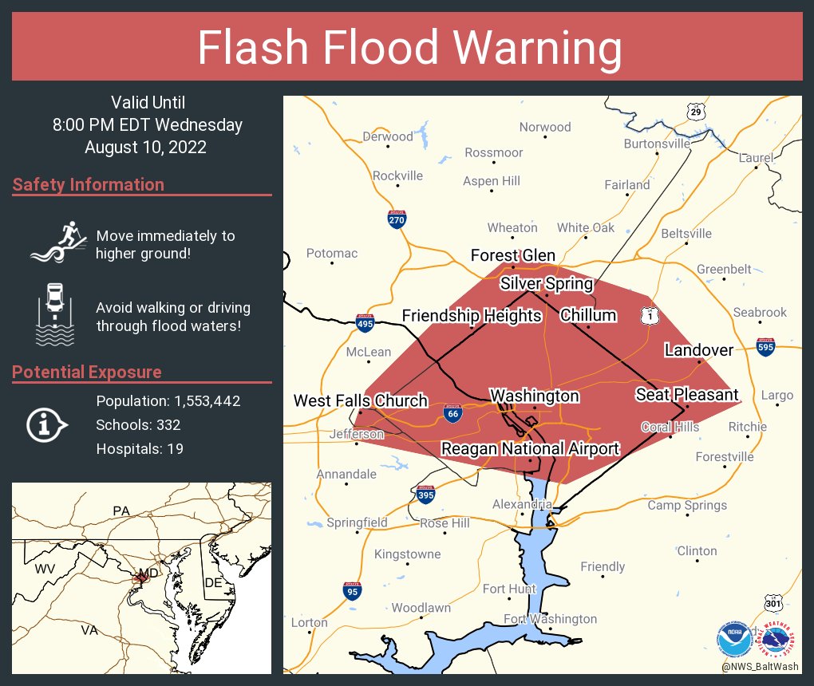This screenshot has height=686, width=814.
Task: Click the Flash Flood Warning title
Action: point(409,48)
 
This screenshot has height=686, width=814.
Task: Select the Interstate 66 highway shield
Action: point(452,413)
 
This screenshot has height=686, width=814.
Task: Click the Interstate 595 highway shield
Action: point(765,347)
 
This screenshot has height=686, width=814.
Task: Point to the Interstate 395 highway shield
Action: point(425,495)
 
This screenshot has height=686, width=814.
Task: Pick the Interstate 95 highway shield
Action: point(352,590)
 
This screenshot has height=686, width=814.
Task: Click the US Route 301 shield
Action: point(773,604)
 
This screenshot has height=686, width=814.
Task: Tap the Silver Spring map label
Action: point(547,284)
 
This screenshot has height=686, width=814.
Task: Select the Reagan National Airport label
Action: point(530,448)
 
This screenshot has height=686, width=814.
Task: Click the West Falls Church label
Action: point(361,400)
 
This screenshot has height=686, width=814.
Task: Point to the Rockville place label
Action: point(397,175)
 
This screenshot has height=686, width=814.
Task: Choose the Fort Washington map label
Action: point(550,619)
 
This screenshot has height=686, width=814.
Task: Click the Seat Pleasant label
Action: point(687,395)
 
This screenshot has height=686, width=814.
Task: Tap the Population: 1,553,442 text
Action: point(168,401)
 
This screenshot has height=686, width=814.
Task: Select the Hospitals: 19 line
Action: point(140,449)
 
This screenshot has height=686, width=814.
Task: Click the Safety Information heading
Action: point(89,185)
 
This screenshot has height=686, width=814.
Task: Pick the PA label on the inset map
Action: point(121,511)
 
